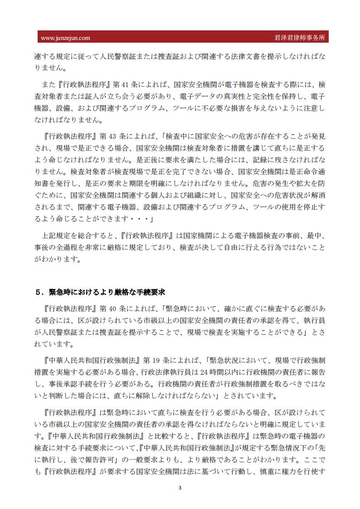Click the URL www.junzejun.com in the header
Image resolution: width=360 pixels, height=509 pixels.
pyautogui.click(x=65, y=38)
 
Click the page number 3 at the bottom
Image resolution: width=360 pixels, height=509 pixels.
pyautogui.click(x=180, y=488)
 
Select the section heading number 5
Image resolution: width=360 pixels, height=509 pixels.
pyautogui.click(x=39, y=292)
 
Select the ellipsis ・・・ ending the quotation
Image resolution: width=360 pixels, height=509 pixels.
pyautogui.click(x=139, y=219)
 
